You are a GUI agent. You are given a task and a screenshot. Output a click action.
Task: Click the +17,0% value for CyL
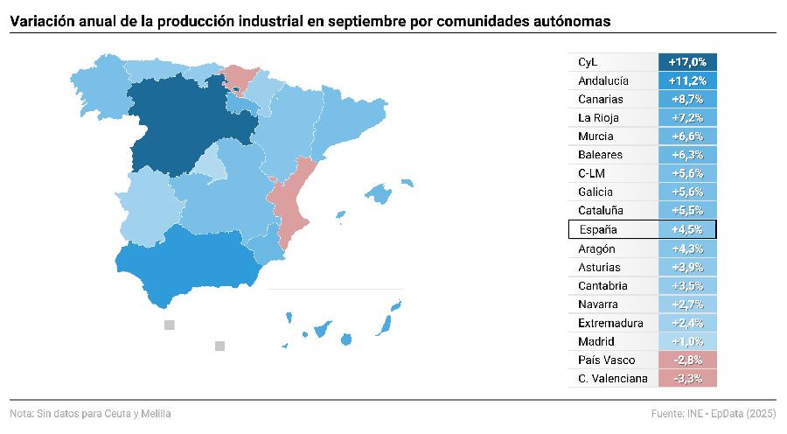(686, 62)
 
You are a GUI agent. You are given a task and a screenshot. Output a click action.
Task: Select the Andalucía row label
(603, 80)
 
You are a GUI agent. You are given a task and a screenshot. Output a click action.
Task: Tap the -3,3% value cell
(686, 379)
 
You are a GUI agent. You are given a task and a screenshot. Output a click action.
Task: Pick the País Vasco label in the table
(607, 360)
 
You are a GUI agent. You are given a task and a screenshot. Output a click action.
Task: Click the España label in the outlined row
(598, 230)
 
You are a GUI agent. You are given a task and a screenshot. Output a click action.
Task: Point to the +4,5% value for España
(686, 230)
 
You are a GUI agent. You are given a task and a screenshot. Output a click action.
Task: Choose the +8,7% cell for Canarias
(686, 100)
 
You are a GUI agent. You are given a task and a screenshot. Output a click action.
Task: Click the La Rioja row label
(600, 118)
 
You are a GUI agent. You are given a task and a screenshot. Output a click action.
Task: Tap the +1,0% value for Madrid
(686, 341)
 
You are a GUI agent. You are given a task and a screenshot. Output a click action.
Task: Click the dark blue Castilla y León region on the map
(179, 122)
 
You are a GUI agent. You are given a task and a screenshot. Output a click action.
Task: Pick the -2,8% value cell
(686, 360)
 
